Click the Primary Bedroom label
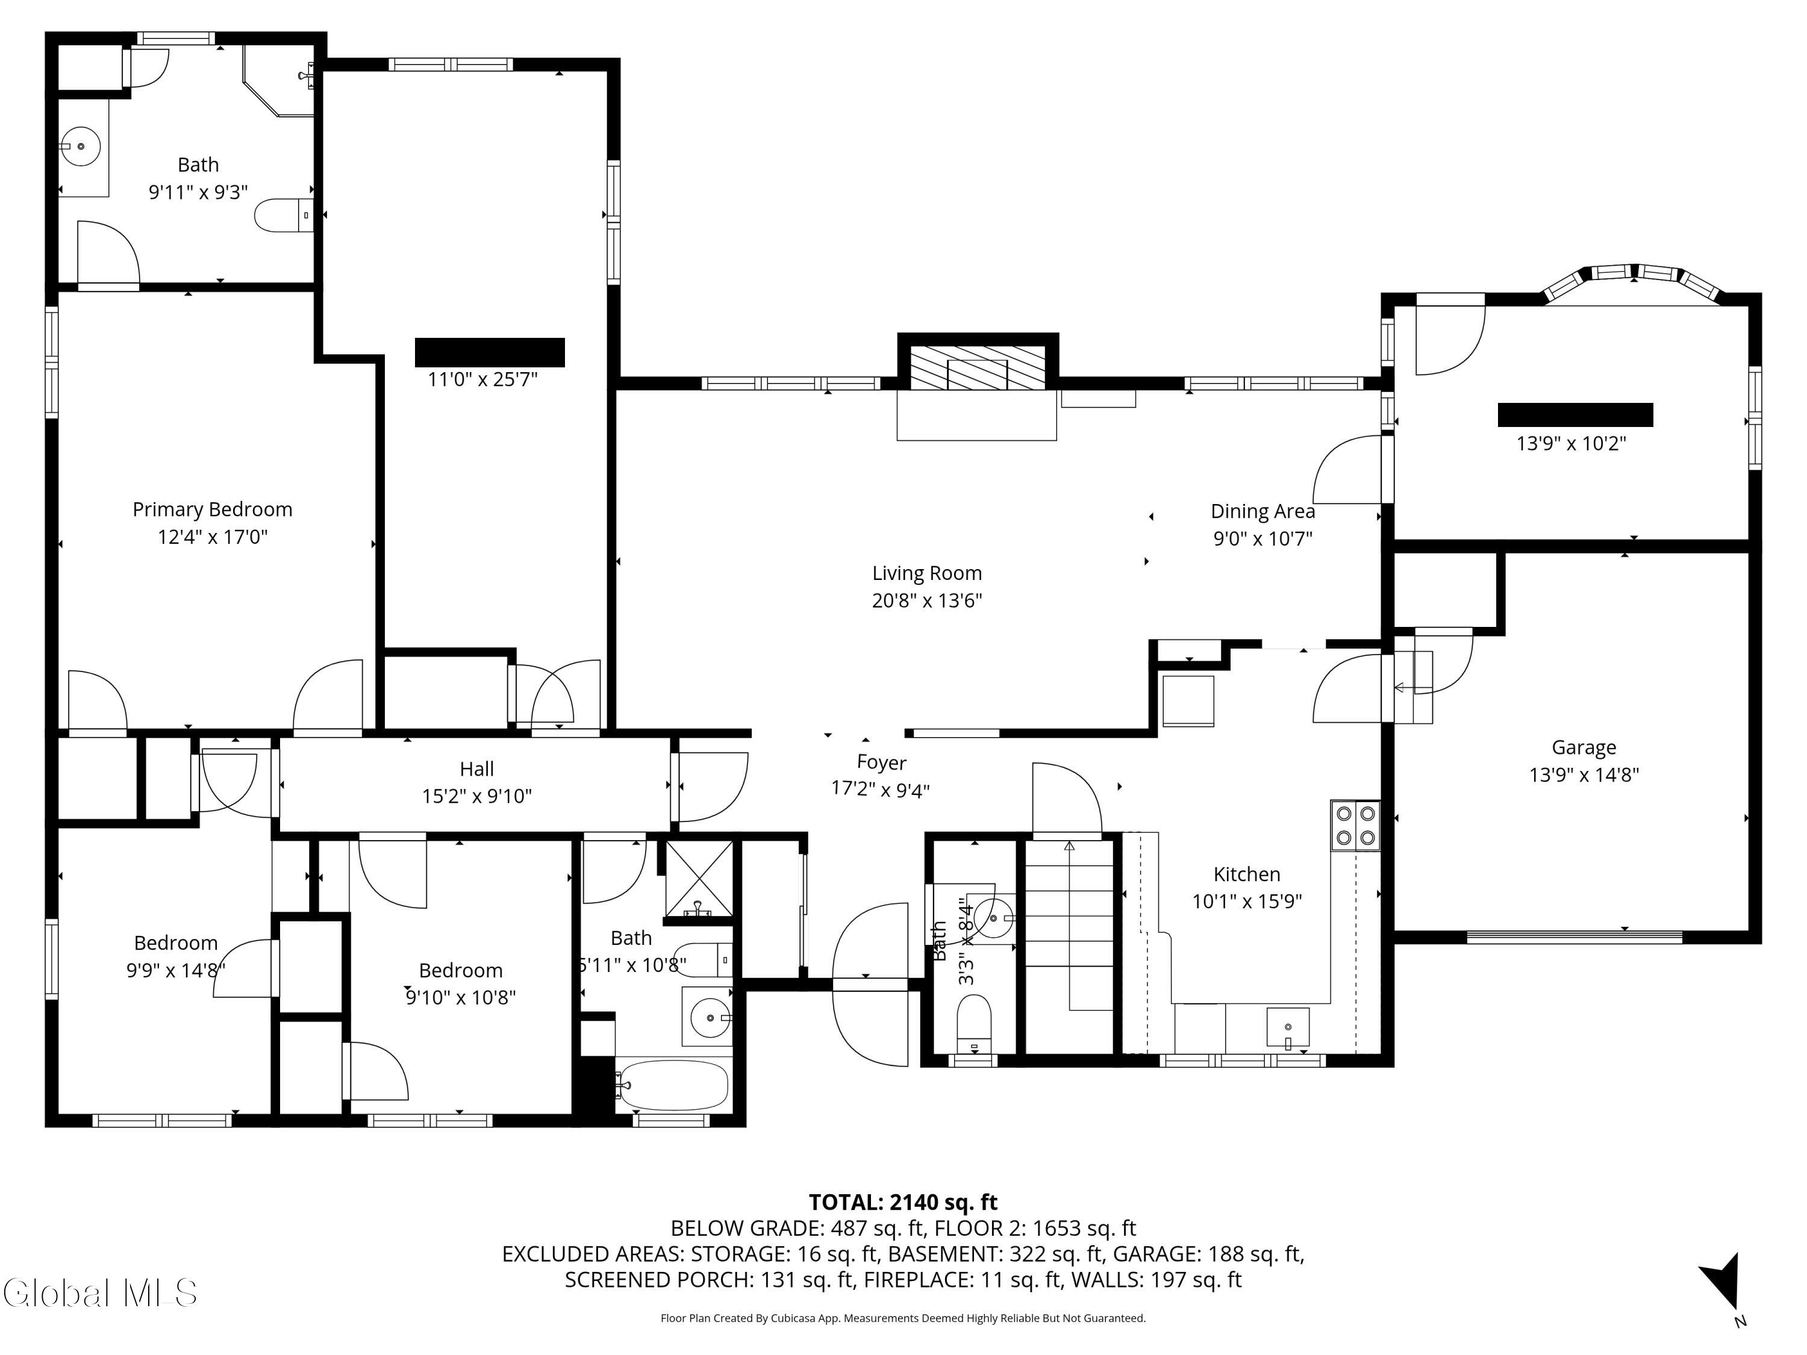[x=213, y=509]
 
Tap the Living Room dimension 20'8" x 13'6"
[x=926, y=601]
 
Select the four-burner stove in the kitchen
[x=1355, y=826]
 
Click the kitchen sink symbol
[x=1287, y=1027]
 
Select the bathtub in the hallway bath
[x=672, y=1085]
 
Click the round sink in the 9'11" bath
[x=80, y=147]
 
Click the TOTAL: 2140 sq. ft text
[x=903, y=1202]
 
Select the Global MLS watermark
[x=99, y=1293]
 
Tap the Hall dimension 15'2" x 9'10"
[x=476, y=796]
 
